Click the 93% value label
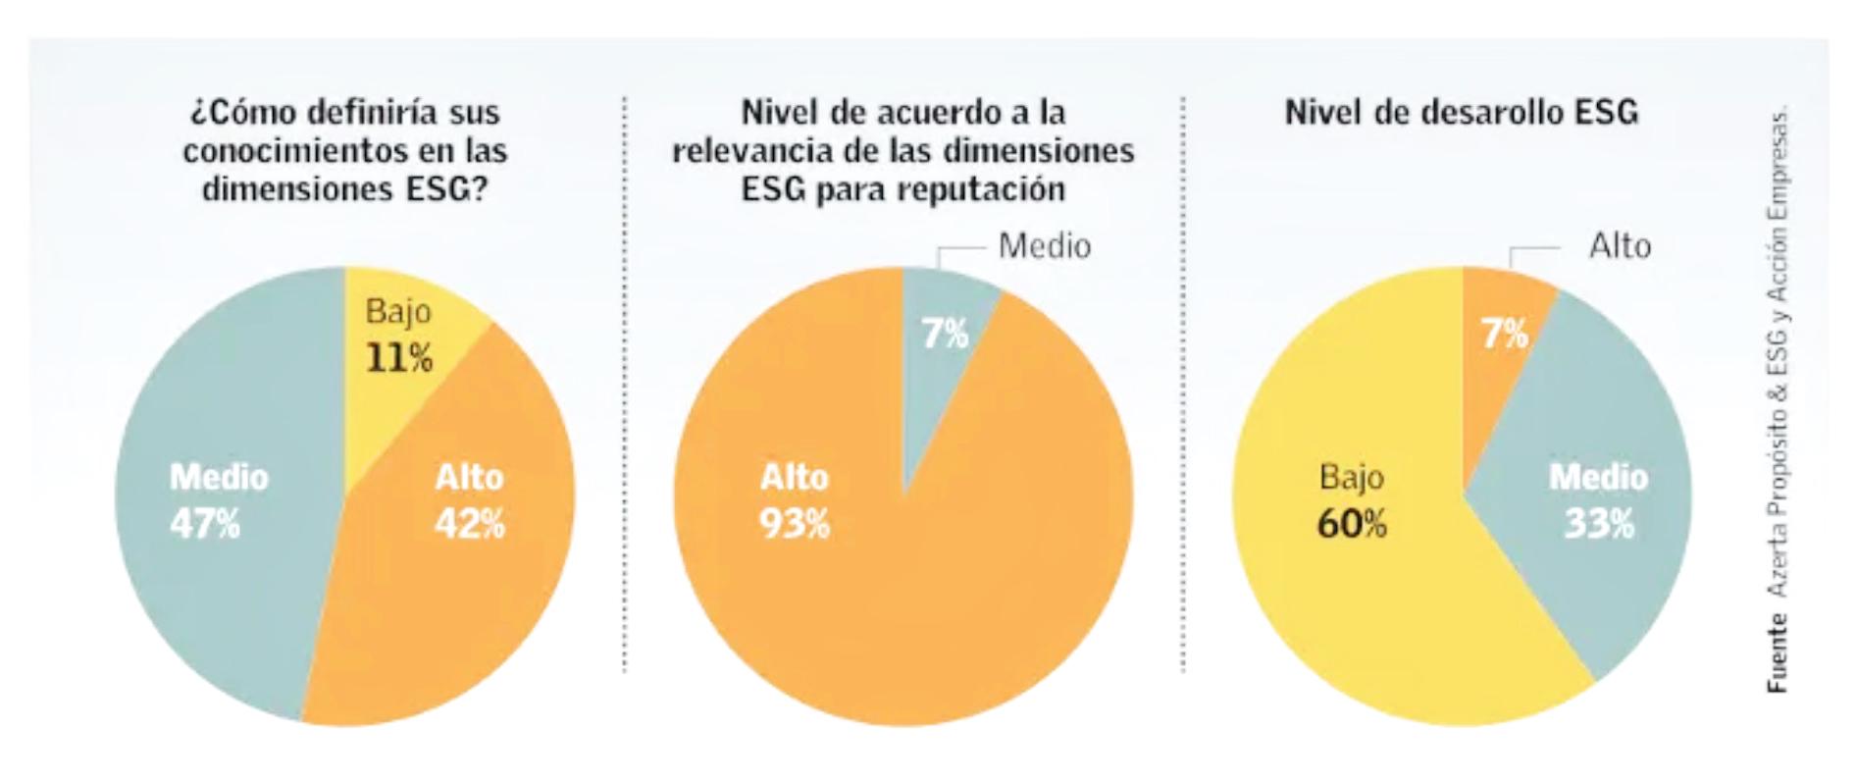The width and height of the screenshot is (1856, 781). point(795,524)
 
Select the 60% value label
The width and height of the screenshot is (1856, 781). point(1352,524)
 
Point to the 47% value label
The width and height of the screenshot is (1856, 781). point(205,524)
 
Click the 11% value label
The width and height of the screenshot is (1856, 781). point(399,358)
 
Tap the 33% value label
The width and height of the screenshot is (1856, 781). point(1599,524)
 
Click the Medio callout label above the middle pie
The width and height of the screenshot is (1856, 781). point(1044,245)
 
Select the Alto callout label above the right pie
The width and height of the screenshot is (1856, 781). point(1620,245)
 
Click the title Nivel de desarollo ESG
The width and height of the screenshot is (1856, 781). point(1462,113)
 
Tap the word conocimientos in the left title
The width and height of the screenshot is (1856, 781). point(296,151)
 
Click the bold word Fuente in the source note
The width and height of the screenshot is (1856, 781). point(1778,652)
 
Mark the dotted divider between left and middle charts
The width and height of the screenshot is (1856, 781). point(624,392)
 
